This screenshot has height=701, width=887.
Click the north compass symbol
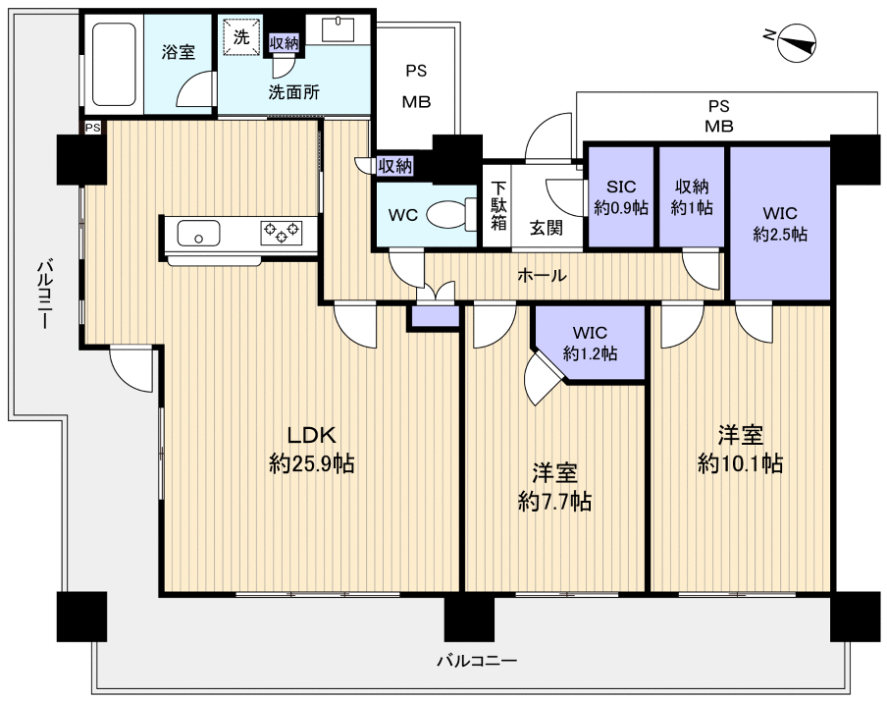(797, 42)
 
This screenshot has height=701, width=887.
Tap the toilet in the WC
(450, 215)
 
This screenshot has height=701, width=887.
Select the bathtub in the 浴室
(114, 64)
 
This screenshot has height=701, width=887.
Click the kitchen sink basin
(198, 233)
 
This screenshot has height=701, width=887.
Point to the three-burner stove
(282, 232)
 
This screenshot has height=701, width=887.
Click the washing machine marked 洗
(241, 38)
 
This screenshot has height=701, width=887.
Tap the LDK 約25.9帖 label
(312, 451)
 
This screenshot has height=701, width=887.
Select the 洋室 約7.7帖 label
(555, 488)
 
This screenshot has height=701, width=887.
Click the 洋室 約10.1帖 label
(741, 449)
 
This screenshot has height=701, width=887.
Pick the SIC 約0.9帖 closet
(621, 197)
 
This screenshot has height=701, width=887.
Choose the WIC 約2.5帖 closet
(780, 223)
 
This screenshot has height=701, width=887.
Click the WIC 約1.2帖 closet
(590, 344)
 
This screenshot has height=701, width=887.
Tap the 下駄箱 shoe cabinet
(497, 205)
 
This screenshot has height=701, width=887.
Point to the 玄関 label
(547, 228)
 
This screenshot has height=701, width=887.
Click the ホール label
(542, 276)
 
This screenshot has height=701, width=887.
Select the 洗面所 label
(294, 92)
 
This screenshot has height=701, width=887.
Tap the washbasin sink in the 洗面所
(339, 28)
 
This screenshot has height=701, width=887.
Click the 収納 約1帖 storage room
(692, 197)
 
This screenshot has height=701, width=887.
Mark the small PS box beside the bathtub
(93, 128)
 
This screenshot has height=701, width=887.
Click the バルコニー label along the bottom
(478, 661)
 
